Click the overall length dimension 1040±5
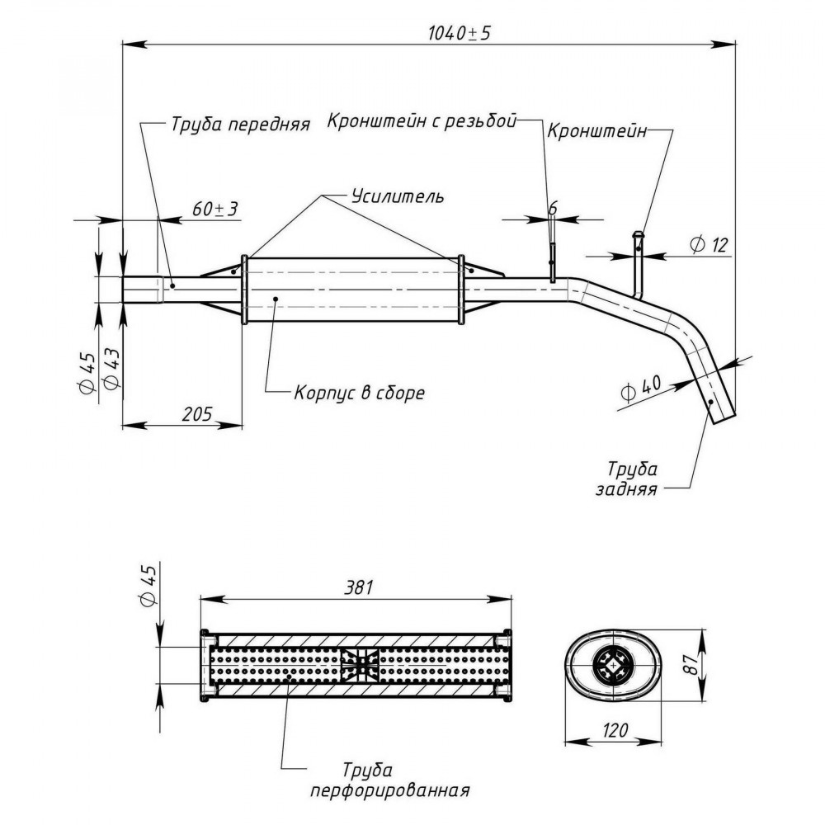pyautogui.click(x=459, y=33)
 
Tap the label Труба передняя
pyautogui.click(x=240, y=125)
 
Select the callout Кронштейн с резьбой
pyautogui.click(x=422, y=120)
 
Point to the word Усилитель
pyautogui.click(x=398, y=196)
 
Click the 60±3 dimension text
pyautogui.click(x=214, y=209)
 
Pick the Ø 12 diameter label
pyautogui.click(x=708, y=245)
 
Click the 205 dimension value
pyautogui.click(x=197, y=414)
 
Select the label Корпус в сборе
pyautogui.click(x=359, y=393)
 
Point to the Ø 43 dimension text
pyautogui.click(x=112, y=368)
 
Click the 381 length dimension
pyautogui.click(x=358, y=587)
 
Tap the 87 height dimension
pyautogui.click(x=692, y=664)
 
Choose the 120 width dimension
pyautogui.click(x=614, y=730)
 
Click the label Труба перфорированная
pyautogui.click(x=390, y=780)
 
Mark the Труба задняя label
pyautogui.click(x=627, y=478)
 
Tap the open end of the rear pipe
pyautogui.click(x=723, y=419)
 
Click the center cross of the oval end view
pyautogui.click(x=612, y=666)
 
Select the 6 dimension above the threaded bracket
pyautogui.click(x=553, y=209)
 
